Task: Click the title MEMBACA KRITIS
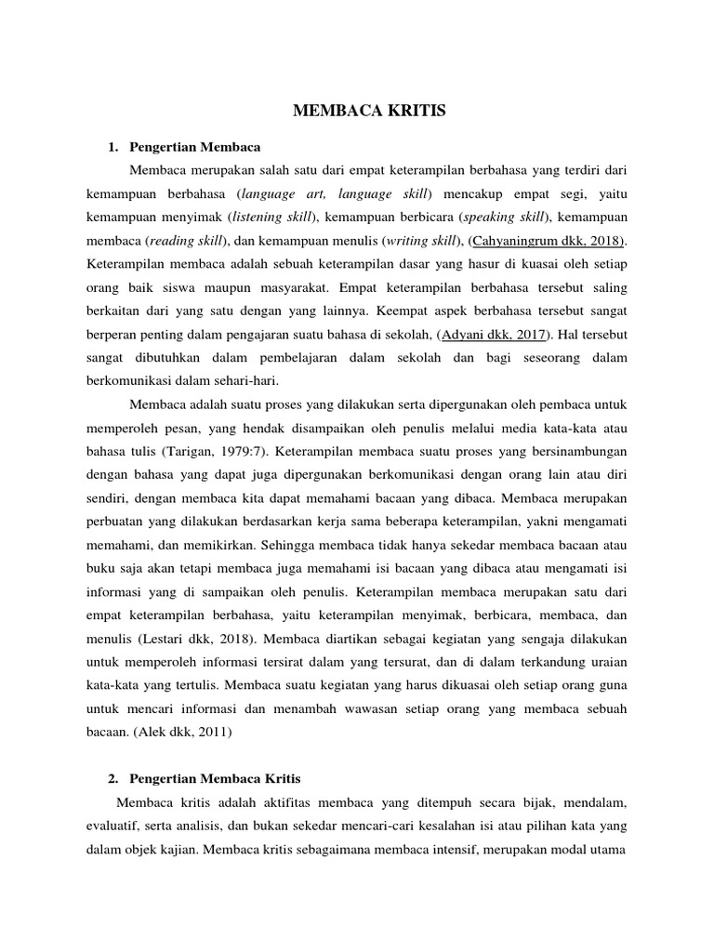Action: (357, 112)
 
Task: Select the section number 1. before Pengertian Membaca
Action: (113, 147)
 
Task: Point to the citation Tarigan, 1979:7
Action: (203, 451)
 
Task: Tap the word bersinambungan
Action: (585, 451)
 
